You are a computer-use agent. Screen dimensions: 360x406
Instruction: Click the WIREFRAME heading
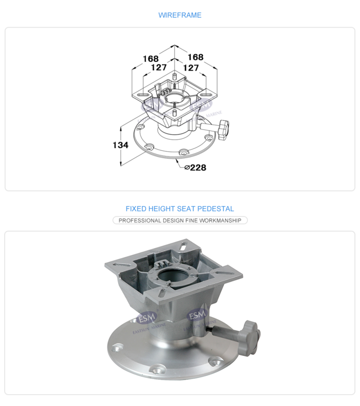(x=179, y=15)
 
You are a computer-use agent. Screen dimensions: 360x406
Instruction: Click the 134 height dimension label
(x=120, y=145)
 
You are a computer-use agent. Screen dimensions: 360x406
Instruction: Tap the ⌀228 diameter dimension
(x=195, y=167)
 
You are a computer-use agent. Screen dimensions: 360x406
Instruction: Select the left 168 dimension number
(x=150, y=59)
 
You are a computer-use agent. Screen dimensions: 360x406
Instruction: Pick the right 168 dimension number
(x=195, y=57)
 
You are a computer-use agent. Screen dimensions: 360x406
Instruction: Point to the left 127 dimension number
(x=159, y=67)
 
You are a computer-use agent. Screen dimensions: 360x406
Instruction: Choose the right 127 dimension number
(x=191, y=68)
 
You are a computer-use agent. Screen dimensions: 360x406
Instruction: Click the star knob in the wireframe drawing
(x=223, y=129)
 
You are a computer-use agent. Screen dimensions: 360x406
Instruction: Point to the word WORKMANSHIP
(x=220, y=220)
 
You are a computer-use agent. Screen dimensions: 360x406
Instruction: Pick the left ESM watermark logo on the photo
(x=147, y=317)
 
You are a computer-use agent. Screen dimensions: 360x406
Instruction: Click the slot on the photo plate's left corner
(x=121, y=265)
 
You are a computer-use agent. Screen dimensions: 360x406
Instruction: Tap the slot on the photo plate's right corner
(x=222, y=272)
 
